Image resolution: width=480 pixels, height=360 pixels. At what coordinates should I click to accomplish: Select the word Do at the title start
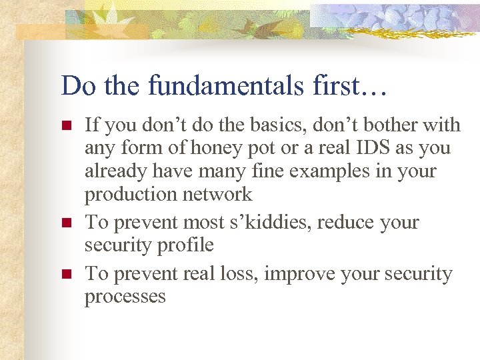click(76, 85)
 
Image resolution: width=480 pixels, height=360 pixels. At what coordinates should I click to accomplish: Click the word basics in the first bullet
click(264, 125)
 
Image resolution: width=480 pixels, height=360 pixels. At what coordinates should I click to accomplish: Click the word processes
click(125, 296)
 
